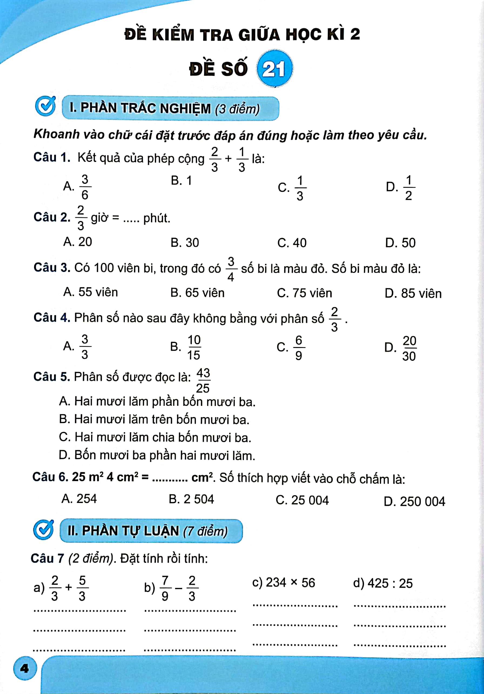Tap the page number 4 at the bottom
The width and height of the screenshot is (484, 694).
(25, 668)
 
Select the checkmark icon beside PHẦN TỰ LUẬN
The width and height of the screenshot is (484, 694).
(43, 530)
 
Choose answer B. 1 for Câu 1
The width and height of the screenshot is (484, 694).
(181, 181)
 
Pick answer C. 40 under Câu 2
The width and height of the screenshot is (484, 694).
(292, 243)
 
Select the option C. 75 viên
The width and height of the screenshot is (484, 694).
(304, 293)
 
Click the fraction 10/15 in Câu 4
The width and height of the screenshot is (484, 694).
(194, 347)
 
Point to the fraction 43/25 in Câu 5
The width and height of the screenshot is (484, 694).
(203, 380)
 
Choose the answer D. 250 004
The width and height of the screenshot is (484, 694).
(414, 501)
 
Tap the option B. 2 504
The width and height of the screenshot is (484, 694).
(191, 499)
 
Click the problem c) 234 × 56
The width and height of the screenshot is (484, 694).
(283, 583)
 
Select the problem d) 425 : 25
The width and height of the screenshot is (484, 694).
(383, 583)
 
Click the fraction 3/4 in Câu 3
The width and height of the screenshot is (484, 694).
(230, 269)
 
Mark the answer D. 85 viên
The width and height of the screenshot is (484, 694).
(413, 294)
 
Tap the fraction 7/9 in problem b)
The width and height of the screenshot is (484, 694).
(165, 588)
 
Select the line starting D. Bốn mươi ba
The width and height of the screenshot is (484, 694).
(157, 455)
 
